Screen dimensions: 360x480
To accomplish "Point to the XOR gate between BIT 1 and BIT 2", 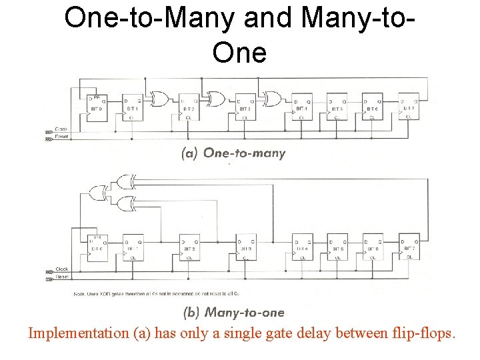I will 160,99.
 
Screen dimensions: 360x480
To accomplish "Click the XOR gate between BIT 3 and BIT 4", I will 272,99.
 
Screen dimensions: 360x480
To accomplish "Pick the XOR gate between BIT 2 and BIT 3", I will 216,99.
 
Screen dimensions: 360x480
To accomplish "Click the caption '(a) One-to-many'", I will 233,153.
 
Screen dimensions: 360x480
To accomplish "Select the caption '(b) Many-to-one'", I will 233,312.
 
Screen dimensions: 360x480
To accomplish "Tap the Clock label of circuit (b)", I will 62,269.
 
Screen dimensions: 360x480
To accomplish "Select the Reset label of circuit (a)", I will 62,137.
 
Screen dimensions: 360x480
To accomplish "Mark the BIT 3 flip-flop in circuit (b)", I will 246,247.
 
